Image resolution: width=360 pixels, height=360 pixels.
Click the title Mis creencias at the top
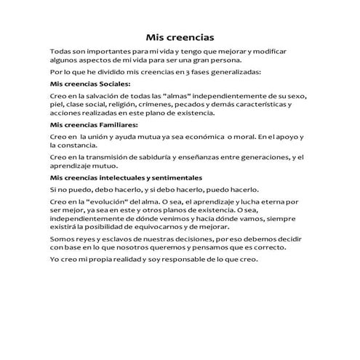pos(180,36)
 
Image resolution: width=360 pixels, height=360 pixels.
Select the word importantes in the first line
pos(100,53)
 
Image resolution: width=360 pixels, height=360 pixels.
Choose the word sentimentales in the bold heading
pos(172,177)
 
